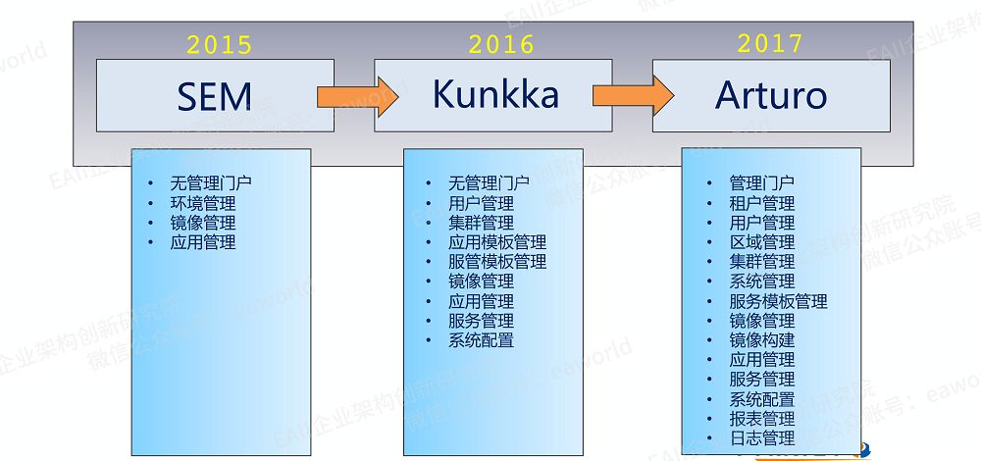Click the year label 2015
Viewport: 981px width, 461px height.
pyautogui.click(x=219, y=44)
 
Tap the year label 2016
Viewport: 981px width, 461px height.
pyautogui.click(x=500, y=44)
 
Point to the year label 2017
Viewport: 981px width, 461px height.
pyautogui.click(x=770, y=43)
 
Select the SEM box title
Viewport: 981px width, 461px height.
pyautogui.click(x=215, y=96)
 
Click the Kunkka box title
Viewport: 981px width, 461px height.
pyautogui.click(x=495, y=94)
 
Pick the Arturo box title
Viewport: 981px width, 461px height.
pyautogui.click(x=770, y=95)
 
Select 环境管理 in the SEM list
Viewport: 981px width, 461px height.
pyautogui.click(x=203, y=203)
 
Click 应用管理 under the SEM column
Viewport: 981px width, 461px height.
pyautogui.click(x=203, y=242)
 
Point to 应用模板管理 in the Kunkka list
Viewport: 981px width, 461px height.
pyautogui.click(x=497, y=242)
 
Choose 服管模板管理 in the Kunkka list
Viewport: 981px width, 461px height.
pyautogui.click(x=497, y=262)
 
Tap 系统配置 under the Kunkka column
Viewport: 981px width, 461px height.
pyautogui.click(x=481, y=340)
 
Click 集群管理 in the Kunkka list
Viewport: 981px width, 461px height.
pyautogui.click(x=481, y=223)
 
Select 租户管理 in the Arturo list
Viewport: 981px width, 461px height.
pyautogui.click(x=762, y=203)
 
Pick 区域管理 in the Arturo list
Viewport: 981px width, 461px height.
pyautogui.click(x=762, y=242)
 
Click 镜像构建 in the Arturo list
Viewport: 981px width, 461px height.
pyautogui.click(x=762, y=340)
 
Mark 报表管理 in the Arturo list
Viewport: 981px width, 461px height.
pyautogui.click(x=762, y=419)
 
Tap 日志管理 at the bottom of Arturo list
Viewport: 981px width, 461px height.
pyautogui.click(x=762, y=438)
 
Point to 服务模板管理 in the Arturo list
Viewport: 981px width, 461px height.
pyautogui.click(x=778, y=301)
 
